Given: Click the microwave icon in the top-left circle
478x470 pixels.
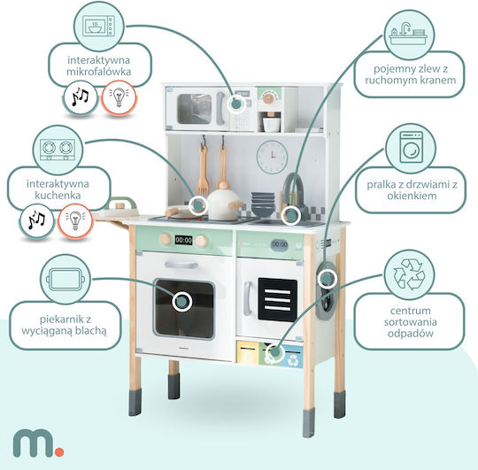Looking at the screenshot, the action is [x=98, y=26].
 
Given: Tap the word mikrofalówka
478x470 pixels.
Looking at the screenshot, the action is [x=99, y=72].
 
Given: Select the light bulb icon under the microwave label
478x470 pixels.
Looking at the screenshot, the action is [x=119, y=97].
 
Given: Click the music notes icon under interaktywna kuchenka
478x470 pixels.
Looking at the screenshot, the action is [x=36, y=220].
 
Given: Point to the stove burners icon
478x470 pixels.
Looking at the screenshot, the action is [x=58, y=150].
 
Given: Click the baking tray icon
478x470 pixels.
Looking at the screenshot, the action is [x=66, y=279].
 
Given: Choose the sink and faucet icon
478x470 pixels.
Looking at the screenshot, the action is [x=408, y=34].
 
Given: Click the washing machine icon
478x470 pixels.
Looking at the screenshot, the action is [x=412, y=147].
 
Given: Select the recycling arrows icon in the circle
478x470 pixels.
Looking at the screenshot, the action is [x=409, y=274].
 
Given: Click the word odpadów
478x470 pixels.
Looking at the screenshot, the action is [x=411, y=334].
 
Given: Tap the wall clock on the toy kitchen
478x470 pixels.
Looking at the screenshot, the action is [x=272, y=157].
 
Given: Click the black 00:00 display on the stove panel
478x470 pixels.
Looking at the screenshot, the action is [x=183, y=240].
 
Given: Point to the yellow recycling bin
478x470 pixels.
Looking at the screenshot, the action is [x=248, y=352].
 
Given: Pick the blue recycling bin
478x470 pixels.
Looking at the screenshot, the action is [x=292, y=357].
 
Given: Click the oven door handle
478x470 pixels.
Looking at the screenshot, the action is [x=181, y=265].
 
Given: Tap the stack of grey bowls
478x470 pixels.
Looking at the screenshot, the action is [x=263, y=204].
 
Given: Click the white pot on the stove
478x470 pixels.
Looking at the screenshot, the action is [x=222, y=204].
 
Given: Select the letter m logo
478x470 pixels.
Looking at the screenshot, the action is [x=34, y=443].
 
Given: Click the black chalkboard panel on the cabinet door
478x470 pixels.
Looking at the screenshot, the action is [x=277, y=300].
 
